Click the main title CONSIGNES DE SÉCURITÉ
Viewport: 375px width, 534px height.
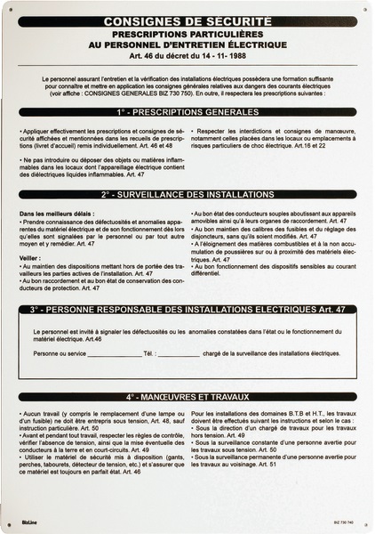tap(187, 19)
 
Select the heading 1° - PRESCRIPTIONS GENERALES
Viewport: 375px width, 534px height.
tap(187, 114)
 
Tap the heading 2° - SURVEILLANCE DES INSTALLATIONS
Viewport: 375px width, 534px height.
tap(187, 193)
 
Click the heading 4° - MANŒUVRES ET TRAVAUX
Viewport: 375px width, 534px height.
tap(187, 396)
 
